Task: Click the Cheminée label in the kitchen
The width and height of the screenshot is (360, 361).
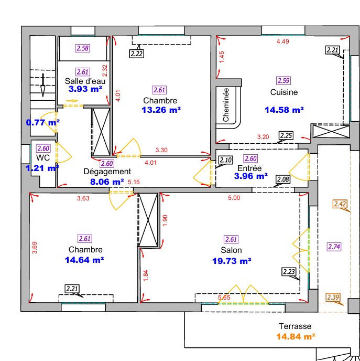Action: click(x=226, y=105)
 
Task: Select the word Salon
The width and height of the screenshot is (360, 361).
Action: click(x=231, y=250)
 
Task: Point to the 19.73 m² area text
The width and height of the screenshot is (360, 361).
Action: click(x=231, y=260)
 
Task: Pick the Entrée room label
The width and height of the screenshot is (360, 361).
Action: click(x=249, y=168)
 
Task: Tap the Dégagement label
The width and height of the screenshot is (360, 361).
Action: click(x=107, y=171)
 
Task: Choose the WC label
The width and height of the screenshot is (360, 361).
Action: click(x=43, y=157)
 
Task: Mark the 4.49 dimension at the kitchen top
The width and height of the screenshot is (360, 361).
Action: click(x=283, y=40)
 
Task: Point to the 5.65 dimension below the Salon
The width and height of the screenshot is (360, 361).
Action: click(x=224, y=298)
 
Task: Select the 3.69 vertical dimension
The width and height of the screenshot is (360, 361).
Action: click(x=35, y=247)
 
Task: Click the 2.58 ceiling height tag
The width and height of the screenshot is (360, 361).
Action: click(x=83, y=49)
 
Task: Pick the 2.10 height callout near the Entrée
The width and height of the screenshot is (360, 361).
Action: click(x=225, y=161)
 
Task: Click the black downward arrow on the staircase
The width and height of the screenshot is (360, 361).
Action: click(x=43, y=84)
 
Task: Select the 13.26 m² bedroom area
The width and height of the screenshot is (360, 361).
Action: click(x=161, y=110)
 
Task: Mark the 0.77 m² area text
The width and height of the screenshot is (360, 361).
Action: click(x=43, y=123)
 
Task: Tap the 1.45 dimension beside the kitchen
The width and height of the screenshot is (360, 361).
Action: click(x=222, y=57)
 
